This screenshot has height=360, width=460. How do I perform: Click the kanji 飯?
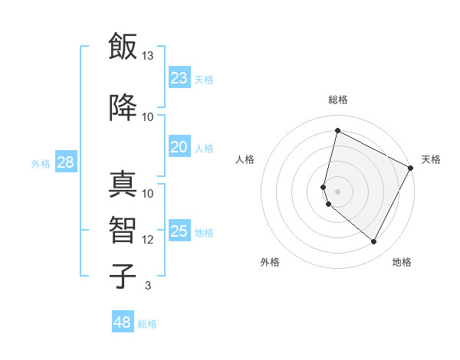click(x=122, y=47)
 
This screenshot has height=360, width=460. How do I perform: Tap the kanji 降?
click(x=122, y=108)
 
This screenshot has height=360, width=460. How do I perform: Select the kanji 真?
click(x=122, y=184)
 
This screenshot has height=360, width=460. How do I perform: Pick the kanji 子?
click(x=122, y=276)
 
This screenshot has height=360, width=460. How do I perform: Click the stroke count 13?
click(x=148, y=56)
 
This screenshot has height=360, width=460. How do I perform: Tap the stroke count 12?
click(x=148, y=240)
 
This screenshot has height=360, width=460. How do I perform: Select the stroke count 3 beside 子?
click(x=147, y=286)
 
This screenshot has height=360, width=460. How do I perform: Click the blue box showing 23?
click(x=179, y=77)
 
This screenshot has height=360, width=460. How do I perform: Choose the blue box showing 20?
click(x=179, y=147)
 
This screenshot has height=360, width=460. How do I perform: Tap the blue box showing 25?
click(x=179, y=231)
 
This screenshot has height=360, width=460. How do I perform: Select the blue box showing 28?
click(x=65, y=162)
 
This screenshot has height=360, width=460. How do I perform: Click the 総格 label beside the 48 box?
click(x=147, y=324)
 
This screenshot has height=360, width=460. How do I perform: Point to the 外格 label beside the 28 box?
click(x=41, y=163)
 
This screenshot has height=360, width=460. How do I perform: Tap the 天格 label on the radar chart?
click(x=431, y=159)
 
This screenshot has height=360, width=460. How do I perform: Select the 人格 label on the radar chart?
click(x=245, y=159)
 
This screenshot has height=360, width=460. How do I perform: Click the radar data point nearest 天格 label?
click(x=411, y=168)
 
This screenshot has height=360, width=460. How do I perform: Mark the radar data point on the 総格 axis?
click(x=337, y=131)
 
